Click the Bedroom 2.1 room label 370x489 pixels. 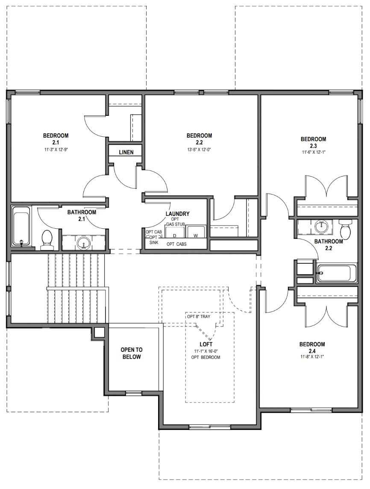(x=56, y=139)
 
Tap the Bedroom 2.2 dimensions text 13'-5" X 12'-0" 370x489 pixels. (x=199, y=150)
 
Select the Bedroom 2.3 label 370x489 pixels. (x=313, y=142)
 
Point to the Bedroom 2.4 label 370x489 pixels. (x=312, y=347)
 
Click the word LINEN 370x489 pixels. (x=126, y=152)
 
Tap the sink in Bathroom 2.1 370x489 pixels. (x=83, y=243)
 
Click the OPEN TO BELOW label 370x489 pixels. (x=132, y=353)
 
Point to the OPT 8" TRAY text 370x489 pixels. (x=204, y=317)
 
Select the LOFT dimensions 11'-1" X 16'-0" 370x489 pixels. (x=206, y=351)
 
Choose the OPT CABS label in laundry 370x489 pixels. (x=176, y=244)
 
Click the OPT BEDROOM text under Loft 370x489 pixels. (x=206, y=357)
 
